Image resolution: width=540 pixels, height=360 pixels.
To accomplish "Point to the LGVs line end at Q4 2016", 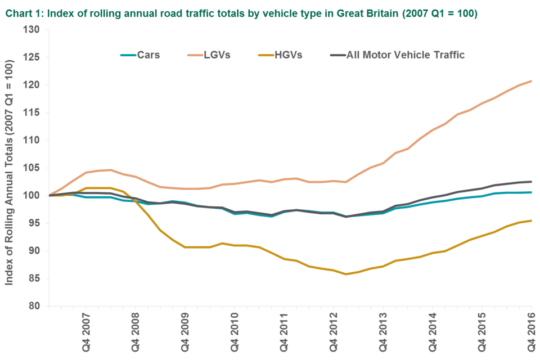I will click(532, 80).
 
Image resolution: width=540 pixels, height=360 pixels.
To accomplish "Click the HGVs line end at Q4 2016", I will click(532, 220).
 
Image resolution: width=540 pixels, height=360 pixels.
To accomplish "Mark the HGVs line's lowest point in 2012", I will click(346, 274).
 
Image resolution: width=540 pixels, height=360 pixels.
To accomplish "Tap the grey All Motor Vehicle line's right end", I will click(532, 181).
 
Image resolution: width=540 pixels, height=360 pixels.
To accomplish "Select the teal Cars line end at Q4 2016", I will click(532, 192).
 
